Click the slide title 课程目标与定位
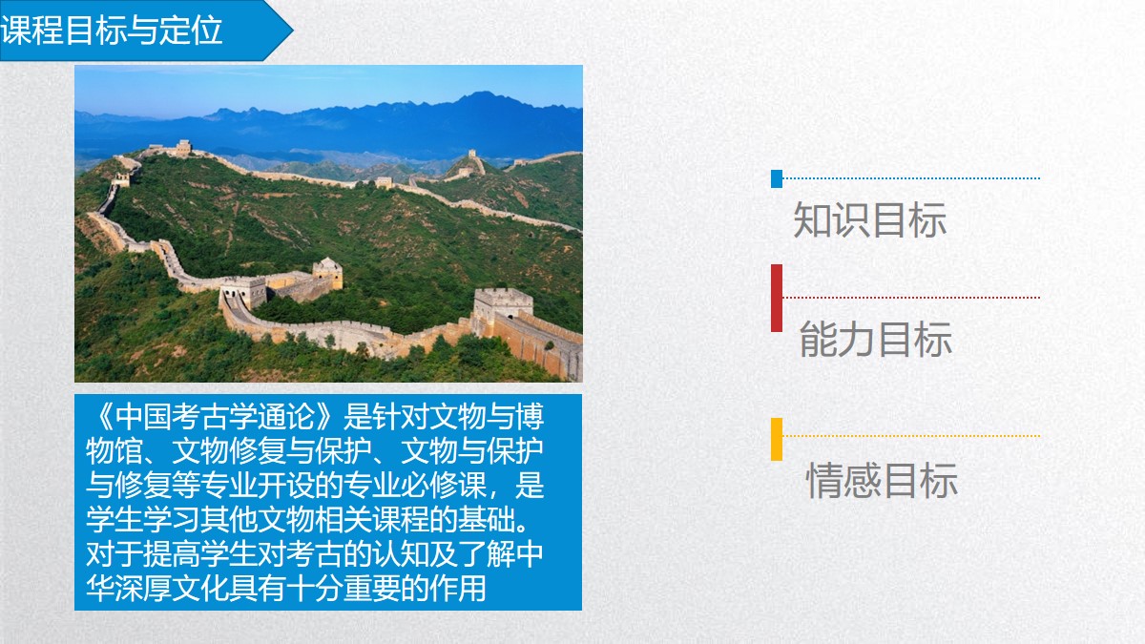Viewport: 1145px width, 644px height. pos(111,31)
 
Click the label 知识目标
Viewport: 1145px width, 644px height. pos(869,219)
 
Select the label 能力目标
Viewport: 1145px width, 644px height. pos(876,339)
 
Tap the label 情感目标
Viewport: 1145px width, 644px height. pos(882,480)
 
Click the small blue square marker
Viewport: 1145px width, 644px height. pos(777,179)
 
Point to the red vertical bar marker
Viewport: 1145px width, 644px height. pos(777,298)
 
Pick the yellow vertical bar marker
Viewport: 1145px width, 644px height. pos(777,440)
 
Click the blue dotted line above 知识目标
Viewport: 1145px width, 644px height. pos(911,178)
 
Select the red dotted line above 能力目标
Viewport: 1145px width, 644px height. pos(911,298)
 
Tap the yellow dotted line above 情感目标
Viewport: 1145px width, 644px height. pos(911,436)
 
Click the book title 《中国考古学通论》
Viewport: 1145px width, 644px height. pos(216,417)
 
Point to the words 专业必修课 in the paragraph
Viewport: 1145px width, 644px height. pos(414,485)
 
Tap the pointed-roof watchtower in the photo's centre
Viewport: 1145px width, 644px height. pos(327,272)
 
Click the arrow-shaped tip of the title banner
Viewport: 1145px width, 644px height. pos(292,31)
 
